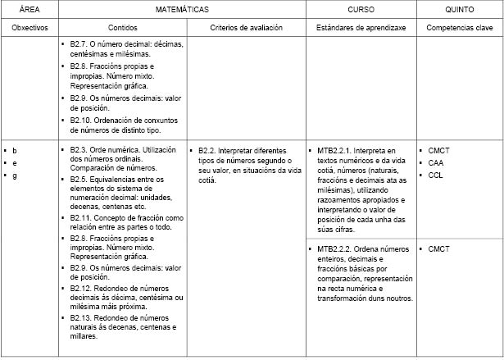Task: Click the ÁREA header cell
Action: tap(29, 9)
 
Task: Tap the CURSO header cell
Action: tap(361, 9)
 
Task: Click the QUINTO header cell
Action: tap(459, 9)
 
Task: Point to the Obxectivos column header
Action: tap(29, 28)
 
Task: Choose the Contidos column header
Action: tap(123, 28)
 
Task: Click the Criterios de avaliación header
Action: tap(246, 28)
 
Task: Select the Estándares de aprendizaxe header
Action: tap(361, 28)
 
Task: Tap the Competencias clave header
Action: tap(459, 28)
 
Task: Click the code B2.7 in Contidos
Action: tap(79, 43)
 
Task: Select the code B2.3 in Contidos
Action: tap(79, 150)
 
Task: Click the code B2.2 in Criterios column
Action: tap(207, 151)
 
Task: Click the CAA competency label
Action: tap(435, 163)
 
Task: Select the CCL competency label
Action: tap(435, 175)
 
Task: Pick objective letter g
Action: tap(14, 175)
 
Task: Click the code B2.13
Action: tap(82, 317)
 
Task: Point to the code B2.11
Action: tap(82, 217)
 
